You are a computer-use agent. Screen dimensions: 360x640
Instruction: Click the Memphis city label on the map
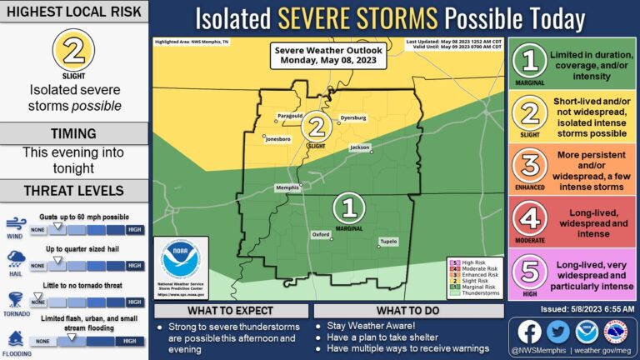tap(287, 187)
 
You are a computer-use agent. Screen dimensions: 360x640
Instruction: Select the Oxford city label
tap(321, 235)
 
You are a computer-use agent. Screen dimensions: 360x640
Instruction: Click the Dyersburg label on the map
tap(353, 118)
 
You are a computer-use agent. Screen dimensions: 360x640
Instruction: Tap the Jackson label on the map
tap(360, 147)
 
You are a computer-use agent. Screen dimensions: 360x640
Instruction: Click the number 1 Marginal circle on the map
tap(350, 206)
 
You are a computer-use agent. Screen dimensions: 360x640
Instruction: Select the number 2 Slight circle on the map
tap(317, 127)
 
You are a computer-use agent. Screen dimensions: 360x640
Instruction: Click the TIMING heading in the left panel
tap(75, 133)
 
